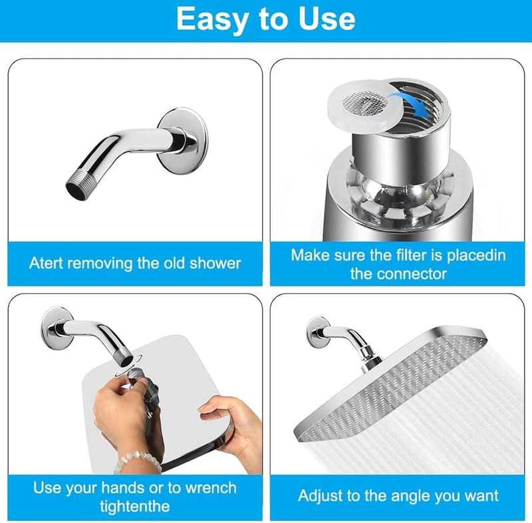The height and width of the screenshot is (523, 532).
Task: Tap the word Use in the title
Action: pos(327,19)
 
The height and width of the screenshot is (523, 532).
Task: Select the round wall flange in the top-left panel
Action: pos(182,141)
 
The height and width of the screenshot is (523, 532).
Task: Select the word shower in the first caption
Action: pos(215,263)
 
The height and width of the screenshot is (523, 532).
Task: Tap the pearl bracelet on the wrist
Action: pos(137,461)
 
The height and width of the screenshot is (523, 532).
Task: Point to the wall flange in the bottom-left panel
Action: pos(57,328)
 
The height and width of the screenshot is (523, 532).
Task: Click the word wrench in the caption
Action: pos(211,488)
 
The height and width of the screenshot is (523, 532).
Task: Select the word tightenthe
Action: pos(135,506)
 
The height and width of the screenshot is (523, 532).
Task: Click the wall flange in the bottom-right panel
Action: pos(318,332)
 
